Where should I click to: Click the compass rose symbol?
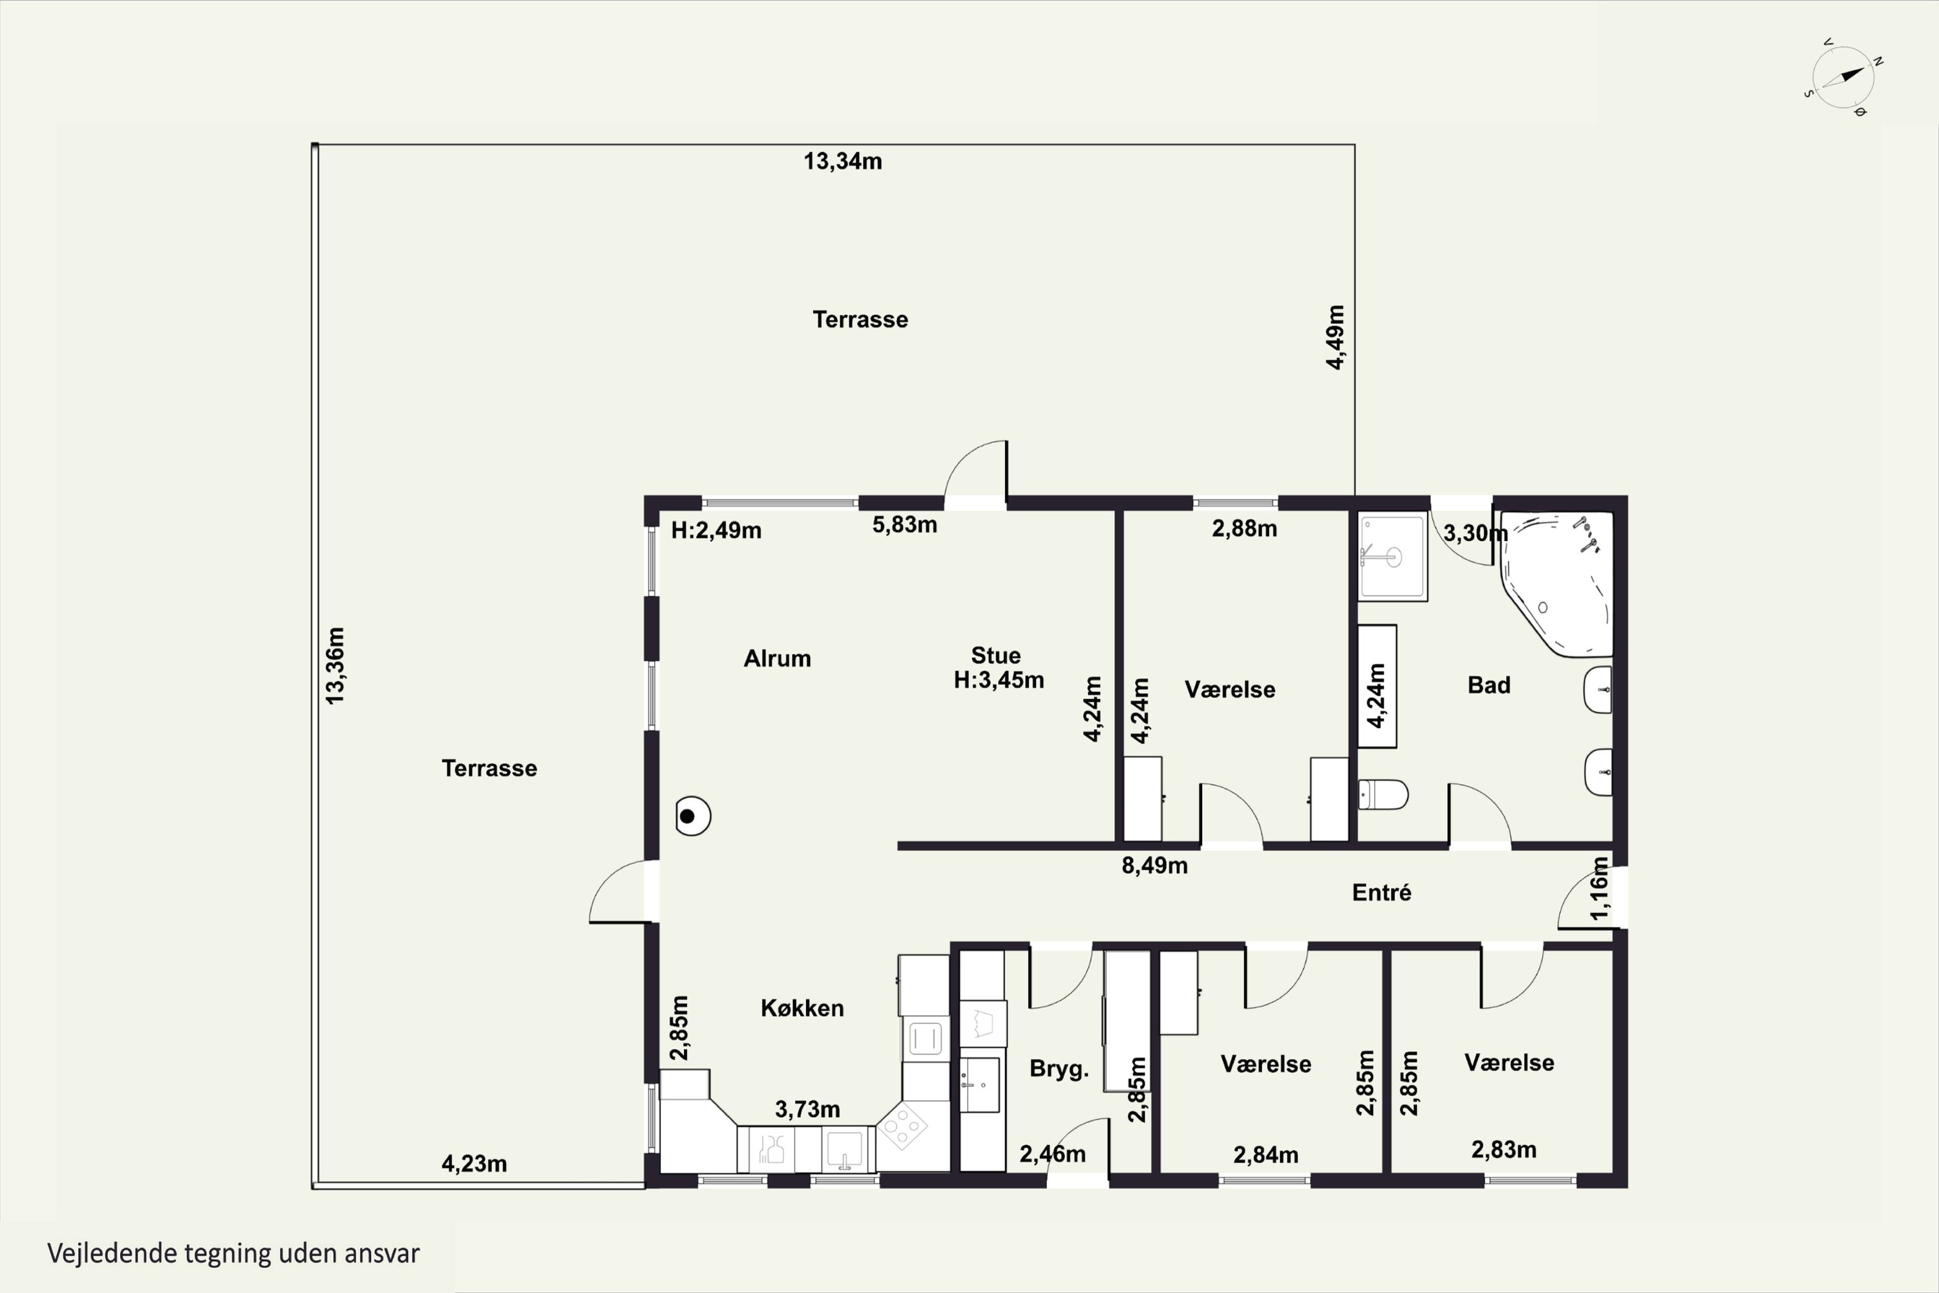1843,78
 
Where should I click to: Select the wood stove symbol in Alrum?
692,817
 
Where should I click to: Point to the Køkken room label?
802,1008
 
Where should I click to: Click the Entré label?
1382,892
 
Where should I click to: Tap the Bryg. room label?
1059,1069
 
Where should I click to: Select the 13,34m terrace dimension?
843,162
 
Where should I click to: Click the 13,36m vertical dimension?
335,665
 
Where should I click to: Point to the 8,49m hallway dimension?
1154,866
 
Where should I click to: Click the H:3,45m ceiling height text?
999,680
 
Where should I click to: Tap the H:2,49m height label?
716,530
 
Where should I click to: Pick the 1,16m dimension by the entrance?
1599,888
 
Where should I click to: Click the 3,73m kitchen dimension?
807,1110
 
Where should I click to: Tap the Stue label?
996,656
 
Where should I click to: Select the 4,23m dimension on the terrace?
474,1164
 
